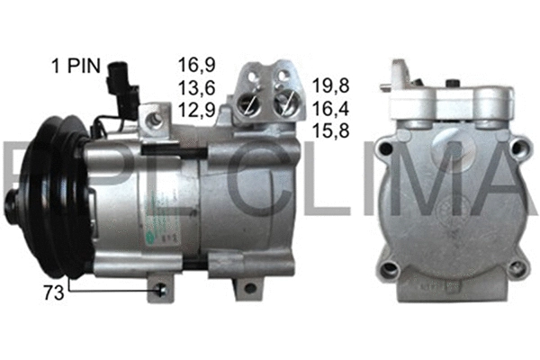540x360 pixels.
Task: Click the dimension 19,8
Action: click(x=330, y=85)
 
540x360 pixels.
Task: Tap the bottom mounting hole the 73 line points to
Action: click(x=159, y=291)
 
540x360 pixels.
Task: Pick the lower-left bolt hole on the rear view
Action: click(x=388, y=267)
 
